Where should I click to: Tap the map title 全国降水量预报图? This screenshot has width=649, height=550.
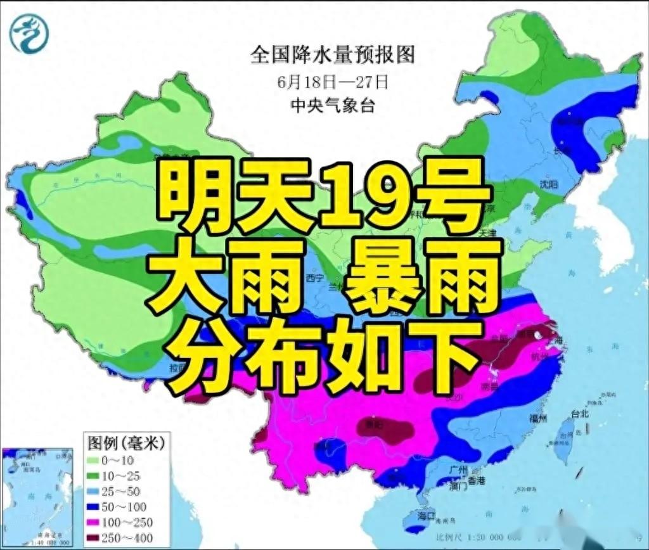[333, 55]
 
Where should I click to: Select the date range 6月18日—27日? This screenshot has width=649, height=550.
[332, 82]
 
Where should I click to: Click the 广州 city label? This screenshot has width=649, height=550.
[457, 470]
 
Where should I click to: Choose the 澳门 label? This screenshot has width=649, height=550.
[457, 487]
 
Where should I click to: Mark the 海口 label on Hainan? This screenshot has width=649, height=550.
[426, 516]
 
